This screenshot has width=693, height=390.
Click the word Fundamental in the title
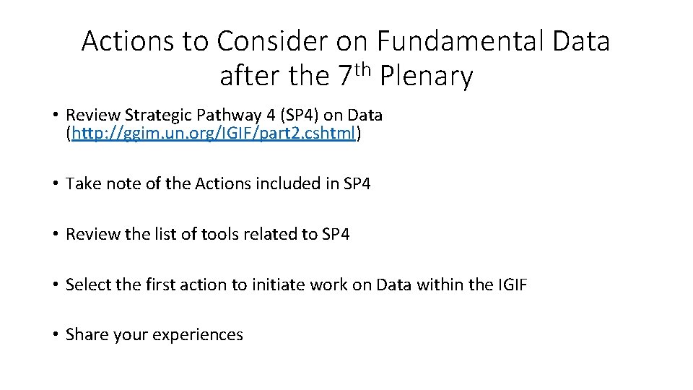click(463, 42)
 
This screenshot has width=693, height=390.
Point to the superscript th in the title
click(365, 69)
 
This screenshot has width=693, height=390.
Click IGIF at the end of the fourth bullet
click(513, 285)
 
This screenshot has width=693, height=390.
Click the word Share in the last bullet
click(86, 334)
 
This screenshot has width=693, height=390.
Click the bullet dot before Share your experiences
click(55, 335)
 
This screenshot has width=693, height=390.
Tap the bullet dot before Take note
click(55, 184)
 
